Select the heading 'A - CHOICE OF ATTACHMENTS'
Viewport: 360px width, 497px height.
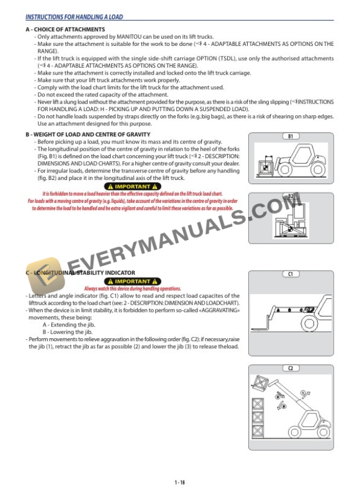[x=65, y=29]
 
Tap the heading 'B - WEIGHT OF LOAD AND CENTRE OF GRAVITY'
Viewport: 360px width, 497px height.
[x=88, y=135]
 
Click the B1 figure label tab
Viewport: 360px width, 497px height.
[x=290, y=136]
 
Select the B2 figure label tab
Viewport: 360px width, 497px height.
[x=290, y=196]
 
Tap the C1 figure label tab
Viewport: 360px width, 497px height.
[x=290, y=274]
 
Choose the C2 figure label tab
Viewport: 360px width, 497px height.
[x=290, y=368]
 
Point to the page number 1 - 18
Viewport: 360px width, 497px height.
[x=179, y=482]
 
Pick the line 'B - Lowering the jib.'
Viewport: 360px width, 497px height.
[x=68, y=332]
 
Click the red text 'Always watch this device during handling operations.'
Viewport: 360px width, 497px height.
[x=132, y=289]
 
